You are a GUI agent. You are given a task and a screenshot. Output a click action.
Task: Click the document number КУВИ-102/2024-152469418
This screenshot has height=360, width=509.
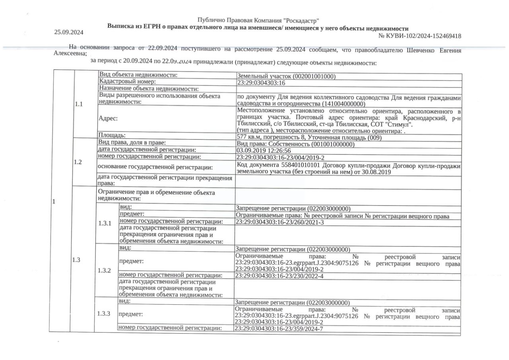(x=420, y=36)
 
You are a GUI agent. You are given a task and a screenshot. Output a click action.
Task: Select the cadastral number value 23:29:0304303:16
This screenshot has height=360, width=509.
(x=261, y=83)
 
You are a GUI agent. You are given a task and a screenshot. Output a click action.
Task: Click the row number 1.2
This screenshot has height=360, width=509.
(x=78, y=162)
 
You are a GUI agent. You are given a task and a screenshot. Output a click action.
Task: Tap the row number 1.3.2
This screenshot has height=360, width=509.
(x=104, y=270)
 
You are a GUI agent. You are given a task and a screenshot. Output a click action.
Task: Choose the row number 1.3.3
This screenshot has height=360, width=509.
(x=104, y=313)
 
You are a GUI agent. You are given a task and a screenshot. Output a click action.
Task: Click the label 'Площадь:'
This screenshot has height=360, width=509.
(x=112, y=135)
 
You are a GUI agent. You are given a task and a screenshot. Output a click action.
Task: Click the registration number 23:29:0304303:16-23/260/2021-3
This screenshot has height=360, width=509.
(x=280, y=222)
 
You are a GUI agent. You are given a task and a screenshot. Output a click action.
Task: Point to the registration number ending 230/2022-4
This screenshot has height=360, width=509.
(x=280, y=275)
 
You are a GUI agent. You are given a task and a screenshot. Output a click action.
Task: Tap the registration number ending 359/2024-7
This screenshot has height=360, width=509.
(x=279, y=329)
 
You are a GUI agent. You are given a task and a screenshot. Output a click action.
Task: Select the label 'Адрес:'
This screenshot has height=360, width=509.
(x=108, y=118)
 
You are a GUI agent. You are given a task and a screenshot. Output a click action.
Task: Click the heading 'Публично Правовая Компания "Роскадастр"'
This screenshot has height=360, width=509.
(x=258, y=20)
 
